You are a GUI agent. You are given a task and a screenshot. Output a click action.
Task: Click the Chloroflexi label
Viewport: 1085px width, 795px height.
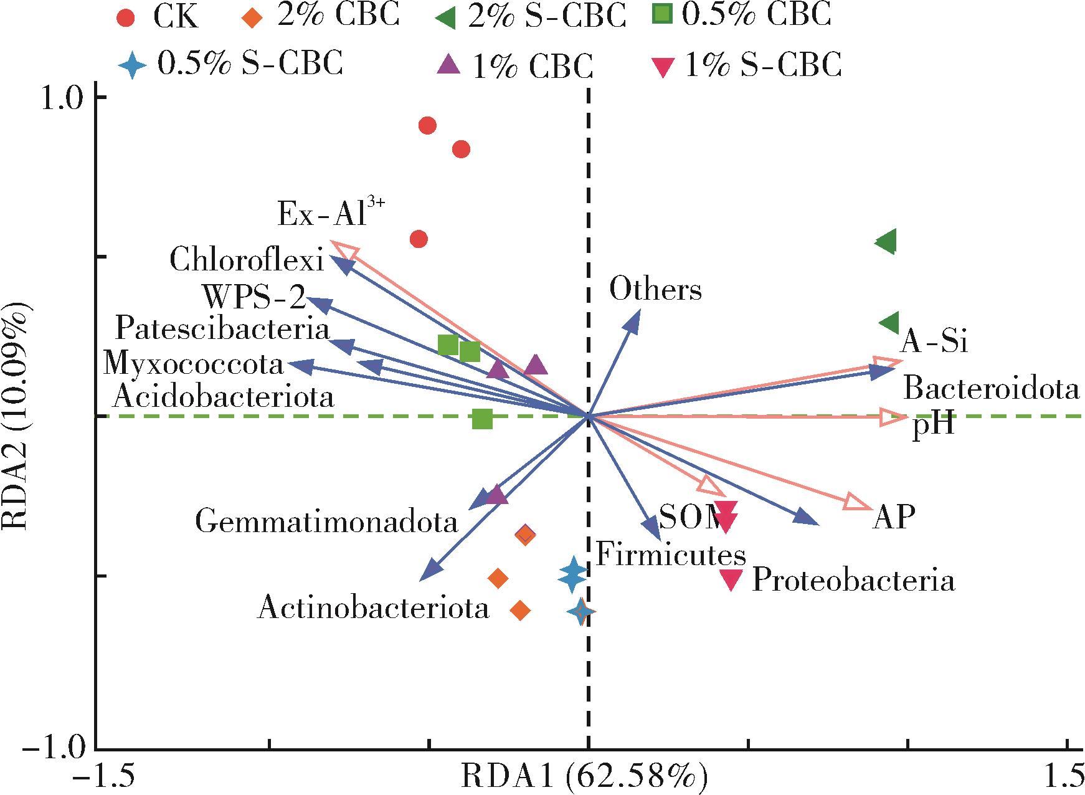click(x=247, y=260)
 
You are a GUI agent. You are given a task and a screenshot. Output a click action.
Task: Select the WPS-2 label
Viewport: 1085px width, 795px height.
click(x=254, y=297)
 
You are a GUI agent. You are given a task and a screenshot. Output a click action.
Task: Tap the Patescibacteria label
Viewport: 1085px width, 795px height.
click(x=222, y=328)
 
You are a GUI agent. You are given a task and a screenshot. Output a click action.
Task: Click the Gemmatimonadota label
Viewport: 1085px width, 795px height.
click(x=326, y=521)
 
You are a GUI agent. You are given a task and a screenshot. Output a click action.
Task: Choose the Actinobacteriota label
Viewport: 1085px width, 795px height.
click(x=373, y=607)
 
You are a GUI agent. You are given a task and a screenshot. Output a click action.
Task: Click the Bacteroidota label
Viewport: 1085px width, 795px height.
click(x=991, y=388)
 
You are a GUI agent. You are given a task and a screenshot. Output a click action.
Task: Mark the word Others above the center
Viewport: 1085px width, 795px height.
click(x=655, y=290)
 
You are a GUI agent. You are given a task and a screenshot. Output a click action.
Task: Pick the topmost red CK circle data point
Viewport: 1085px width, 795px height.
click(x=427, y=126)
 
